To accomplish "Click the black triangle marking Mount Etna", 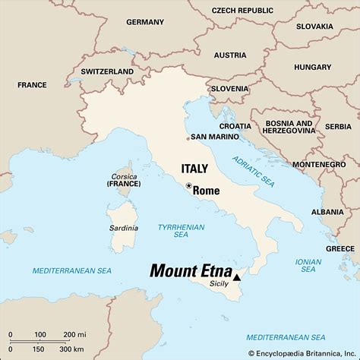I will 236,278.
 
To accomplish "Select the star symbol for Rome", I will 188,185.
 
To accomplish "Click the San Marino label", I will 215,137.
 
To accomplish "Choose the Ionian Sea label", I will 308,265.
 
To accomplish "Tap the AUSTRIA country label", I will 229,55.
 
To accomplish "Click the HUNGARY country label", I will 312,67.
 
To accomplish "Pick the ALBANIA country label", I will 327,211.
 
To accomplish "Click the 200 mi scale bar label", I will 74,335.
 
